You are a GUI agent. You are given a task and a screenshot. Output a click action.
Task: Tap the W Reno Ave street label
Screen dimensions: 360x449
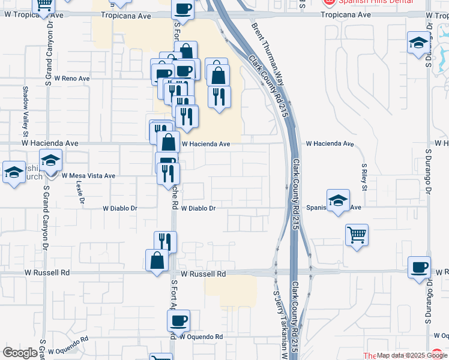point(71,79)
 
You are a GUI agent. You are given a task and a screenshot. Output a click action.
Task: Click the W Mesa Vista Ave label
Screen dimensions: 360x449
point(89,176)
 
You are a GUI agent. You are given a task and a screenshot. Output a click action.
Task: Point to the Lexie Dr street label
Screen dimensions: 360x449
point(79,193)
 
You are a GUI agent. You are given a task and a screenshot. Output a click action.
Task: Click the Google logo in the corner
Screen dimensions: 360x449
point(20,353)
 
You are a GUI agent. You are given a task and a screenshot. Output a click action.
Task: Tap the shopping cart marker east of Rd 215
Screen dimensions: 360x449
point(357,235)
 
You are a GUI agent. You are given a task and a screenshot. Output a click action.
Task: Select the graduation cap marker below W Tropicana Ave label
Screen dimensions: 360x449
point(418,43)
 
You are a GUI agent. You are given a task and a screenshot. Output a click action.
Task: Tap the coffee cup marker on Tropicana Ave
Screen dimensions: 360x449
point(182,9)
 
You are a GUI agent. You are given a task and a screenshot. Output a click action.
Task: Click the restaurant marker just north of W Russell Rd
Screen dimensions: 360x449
point(165,242)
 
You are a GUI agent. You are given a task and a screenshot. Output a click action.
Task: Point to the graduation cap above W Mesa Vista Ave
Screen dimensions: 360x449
point(51,160)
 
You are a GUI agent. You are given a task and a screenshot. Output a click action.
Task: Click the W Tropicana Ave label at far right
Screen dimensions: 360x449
point(436,14)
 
